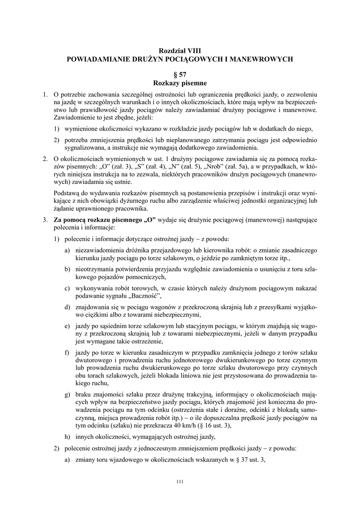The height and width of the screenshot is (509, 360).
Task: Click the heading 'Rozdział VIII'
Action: pos(180,51)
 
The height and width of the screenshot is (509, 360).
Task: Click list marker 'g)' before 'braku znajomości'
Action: pos(67,394)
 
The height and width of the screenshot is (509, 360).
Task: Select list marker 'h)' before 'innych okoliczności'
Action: pos(67,437)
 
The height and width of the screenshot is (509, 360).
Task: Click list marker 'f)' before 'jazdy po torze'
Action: pos(67,352)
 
